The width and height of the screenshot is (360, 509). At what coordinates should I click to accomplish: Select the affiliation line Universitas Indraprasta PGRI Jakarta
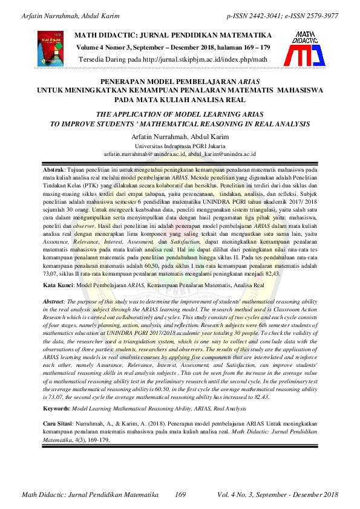(180, 146)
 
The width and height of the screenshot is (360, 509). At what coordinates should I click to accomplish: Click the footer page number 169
(180, 496)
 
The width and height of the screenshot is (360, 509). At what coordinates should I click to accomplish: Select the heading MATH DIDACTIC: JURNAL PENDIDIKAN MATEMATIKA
(172, 36)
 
